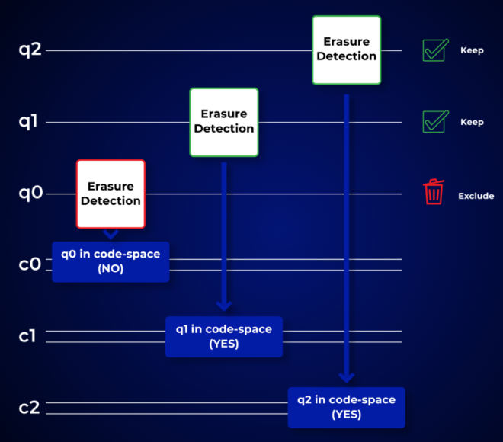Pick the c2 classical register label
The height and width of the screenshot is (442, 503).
pyautogui.click(x=30, y=408)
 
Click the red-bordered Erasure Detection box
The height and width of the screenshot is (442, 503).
pyautogui.click(x=111, y=194)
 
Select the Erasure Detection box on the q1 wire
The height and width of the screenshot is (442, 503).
pyautogui.click(x=224, y=122)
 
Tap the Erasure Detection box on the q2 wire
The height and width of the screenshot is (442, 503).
pyautogui.click(x=346, y=50)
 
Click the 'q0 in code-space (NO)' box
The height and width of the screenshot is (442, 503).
pyautogui.click(x=111, y=261)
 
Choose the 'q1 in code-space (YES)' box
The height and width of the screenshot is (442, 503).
pyautogui.click(x=224, y=336)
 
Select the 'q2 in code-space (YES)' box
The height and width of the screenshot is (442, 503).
pyautogui.click(x=346, y=408)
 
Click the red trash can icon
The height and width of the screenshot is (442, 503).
pyautogui.click(x=434, y=192)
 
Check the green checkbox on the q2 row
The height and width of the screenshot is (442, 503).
pyautogui.click(x=434, y=50)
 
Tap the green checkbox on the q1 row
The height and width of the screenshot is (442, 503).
pyautogui.click(x=434, y=122)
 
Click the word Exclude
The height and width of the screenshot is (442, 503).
pyautogui.click(x=476, y=196)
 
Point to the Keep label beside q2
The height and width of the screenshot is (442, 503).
pyautogui.click(x=472, y=51)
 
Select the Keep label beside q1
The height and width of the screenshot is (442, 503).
pyautogui.click(x=472, y=122)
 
